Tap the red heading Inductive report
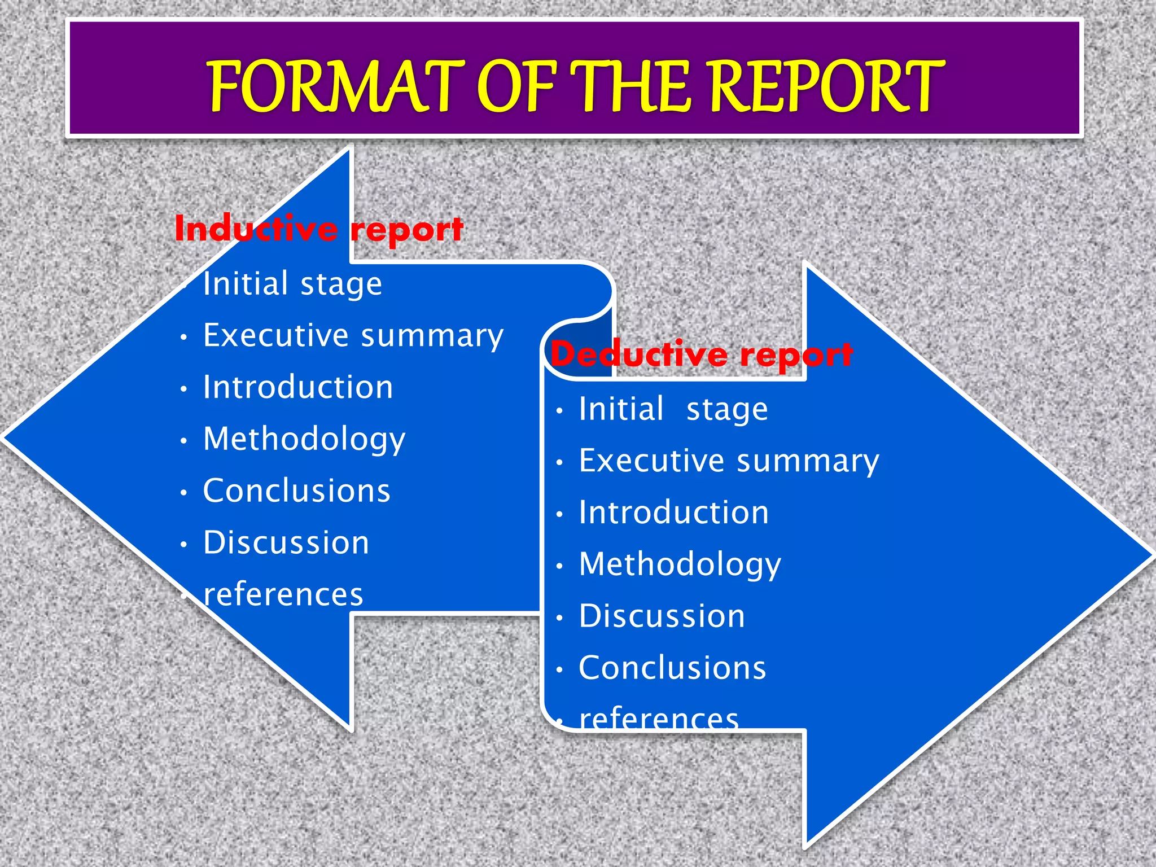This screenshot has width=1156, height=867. click(x=319, y=229)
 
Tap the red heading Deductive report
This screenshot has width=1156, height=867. click(x=702, y=354)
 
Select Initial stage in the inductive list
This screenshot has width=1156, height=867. click(x=292, y=283)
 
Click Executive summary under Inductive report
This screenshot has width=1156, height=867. click(x=353, y=336)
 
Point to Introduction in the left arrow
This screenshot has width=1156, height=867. click(x=298, y=387)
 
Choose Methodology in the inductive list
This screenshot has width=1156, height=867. click(x=304, y=439)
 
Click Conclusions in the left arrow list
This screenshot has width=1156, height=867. click(x=297, y=491)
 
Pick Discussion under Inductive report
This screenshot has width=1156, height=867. click(x=286, y=542)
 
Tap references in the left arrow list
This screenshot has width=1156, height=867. click(x=283, y=594)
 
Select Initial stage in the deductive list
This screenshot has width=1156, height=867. click(x=673, y=409)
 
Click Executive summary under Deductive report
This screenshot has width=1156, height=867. click(x=729, y=461)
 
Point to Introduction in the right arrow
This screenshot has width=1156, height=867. click(x=674, y=513)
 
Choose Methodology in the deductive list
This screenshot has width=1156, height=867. click(x=680, y=564)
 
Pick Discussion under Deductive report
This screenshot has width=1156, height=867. click(x=662, y=616)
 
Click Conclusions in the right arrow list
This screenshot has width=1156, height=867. click(x=673, y=668)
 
